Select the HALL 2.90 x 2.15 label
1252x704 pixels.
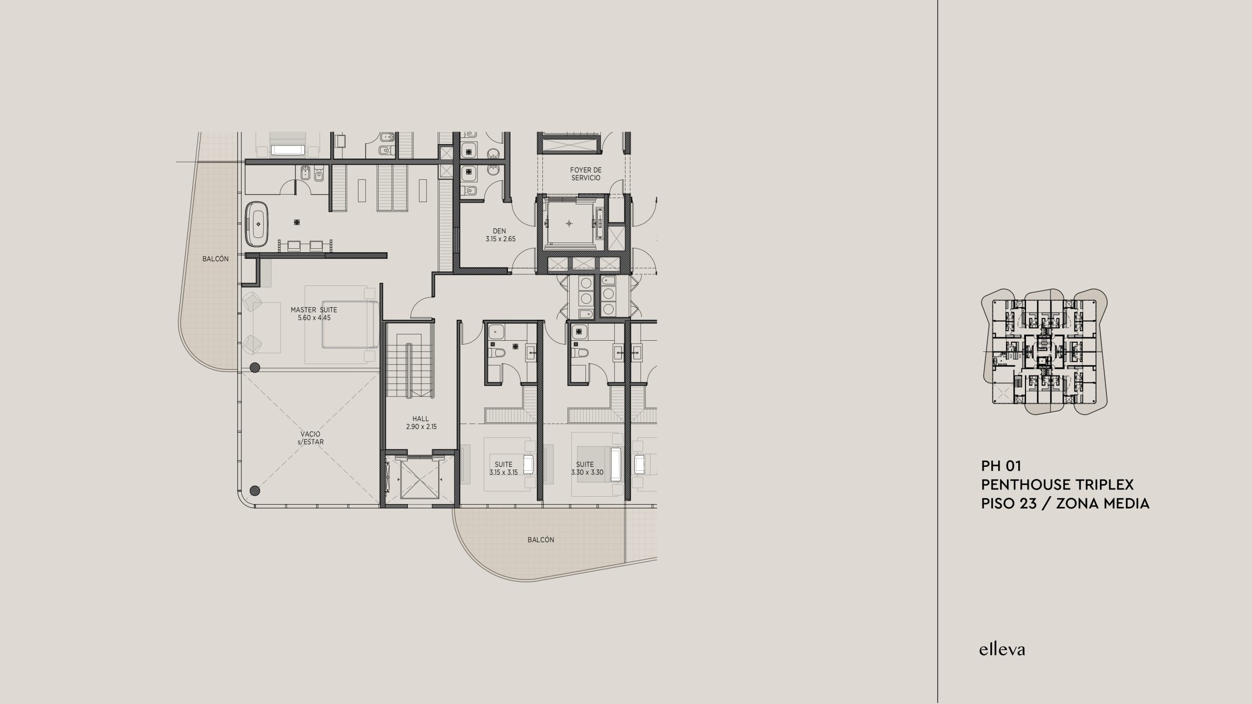(x=421, y=422)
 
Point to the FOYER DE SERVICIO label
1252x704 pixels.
(x=585, y=174)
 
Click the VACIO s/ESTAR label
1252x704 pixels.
(x=312, y=438)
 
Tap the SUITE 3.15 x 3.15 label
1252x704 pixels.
(x=503, y=468)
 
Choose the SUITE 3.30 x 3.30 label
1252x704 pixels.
(x=587, y=468)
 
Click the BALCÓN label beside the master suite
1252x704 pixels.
(x=216, y=259)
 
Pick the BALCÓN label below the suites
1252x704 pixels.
(x=541, y=540)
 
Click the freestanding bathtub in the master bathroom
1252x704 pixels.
(x=257, y=224)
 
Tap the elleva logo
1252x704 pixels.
(x=1002, y=649)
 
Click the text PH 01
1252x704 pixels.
(x=1002, y=466)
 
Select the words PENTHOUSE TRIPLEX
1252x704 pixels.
(x=1055, y=484)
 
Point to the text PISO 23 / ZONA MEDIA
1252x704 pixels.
(x=1066, y=503)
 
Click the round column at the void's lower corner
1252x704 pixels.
(x=254, y=490)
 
